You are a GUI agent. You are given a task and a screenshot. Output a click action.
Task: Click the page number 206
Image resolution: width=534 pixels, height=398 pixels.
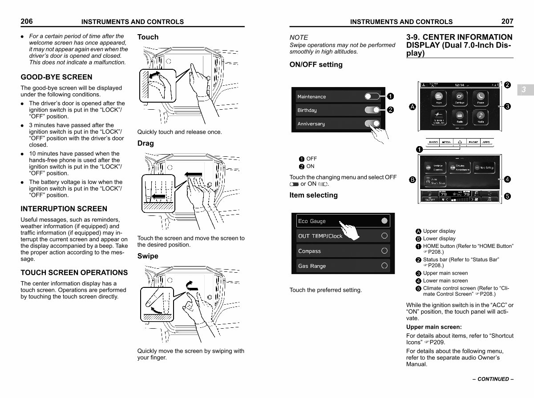click(27, 21)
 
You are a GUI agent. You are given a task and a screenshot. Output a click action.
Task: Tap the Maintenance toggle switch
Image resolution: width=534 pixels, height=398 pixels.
click(372, 96)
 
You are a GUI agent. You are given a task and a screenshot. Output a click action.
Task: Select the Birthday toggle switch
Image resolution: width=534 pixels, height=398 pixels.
click(372, 110)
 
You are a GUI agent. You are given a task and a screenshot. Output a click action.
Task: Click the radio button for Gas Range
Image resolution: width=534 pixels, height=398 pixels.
click(384, 266)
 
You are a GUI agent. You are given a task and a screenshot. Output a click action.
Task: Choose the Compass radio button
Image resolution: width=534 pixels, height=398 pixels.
click(384, 251)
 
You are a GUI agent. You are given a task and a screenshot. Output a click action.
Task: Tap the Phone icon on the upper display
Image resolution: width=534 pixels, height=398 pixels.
click(481, 98)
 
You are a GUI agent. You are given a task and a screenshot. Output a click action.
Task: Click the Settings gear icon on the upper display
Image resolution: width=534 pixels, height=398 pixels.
click(460, 98)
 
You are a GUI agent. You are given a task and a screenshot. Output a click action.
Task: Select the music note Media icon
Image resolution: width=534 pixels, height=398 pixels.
click(481, 116)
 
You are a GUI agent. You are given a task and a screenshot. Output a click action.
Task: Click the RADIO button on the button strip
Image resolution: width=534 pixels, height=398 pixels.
click(433, 143)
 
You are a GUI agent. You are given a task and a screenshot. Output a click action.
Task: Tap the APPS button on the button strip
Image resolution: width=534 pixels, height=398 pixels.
click(486, 143)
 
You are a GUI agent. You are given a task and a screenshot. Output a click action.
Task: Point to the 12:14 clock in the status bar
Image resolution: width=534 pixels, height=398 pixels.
click(460, 84)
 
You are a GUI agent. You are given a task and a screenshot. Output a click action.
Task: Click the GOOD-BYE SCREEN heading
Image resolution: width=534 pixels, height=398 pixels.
click(57, 77)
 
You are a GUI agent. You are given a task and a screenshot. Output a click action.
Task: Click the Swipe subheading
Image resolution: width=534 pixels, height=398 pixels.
click(148, 256)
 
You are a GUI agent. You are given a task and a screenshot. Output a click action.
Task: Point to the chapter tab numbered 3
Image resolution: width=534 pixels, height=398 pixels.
click(524, 90)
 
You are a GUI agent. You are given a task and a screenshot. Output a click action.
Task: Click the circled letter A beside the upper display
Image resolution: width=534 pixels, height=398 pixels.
click(413, 107)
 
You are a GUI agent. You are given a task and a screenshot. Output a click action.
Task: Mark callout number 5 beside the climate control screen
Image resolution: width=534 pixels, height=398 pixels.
click(507, 196)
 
